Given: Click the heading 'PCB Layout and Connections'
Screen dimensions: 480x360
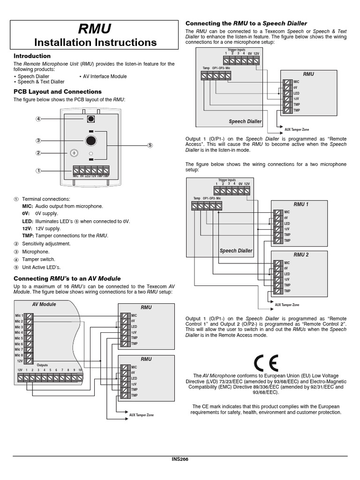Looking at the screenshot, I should pyautogui.click(x=57, y=91).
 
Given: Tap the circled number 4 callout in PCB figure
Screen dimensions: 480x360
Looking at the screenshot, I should pyautogui.click(x=39, y=119).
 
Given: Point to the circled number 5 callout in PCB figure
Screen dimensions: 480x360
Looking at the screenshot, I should pyautogui.click(x=150, y=145).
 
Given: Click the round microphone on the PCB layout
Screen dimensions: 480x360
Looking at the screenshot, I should pyautogui.click(x=91, y=141).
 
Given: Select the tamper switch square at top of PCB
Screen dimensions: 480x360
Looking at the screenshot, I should pyautogui.click(x=91, y=119).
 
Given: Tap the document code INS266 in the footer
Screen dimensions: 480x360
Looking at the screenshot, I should pyautogui.click(x=180, y=459).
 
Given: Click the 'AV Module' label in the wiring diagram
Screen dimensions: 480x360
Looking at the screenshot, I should pyautogui.click(x=44, y=304).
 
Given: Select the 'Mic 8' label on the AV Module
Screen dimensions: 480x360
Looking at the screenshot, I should pyautogui.click(x=19, y=355).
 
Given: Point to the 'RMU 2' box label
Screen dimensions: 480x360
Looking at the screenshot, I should pyautogui.click(x=301, y=255).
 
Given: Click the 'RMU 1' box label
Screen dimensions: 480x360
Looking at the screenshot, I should pyautogui.click(x=301, y=204).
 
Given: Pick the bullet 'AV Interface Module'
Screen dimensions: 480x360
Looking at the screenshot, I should pyautogui.click(x=105, y=76).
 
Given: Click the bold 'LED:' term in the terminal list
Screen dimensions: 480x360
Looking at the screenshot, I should pyautogui.click(x=27, y=221).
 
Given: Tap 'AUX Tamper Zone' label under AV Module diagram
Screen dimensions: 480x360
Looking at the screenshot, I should pyautogui.click(x=141, y=415).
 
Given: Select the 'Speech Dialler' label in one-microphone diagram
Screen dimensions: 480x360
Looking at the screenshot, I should pyautogui.click(x=245, y=121).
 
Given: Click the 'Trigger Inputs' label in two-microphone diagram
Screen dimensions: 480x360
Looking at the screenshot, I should pyautogui.click(x=227, y=180).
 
